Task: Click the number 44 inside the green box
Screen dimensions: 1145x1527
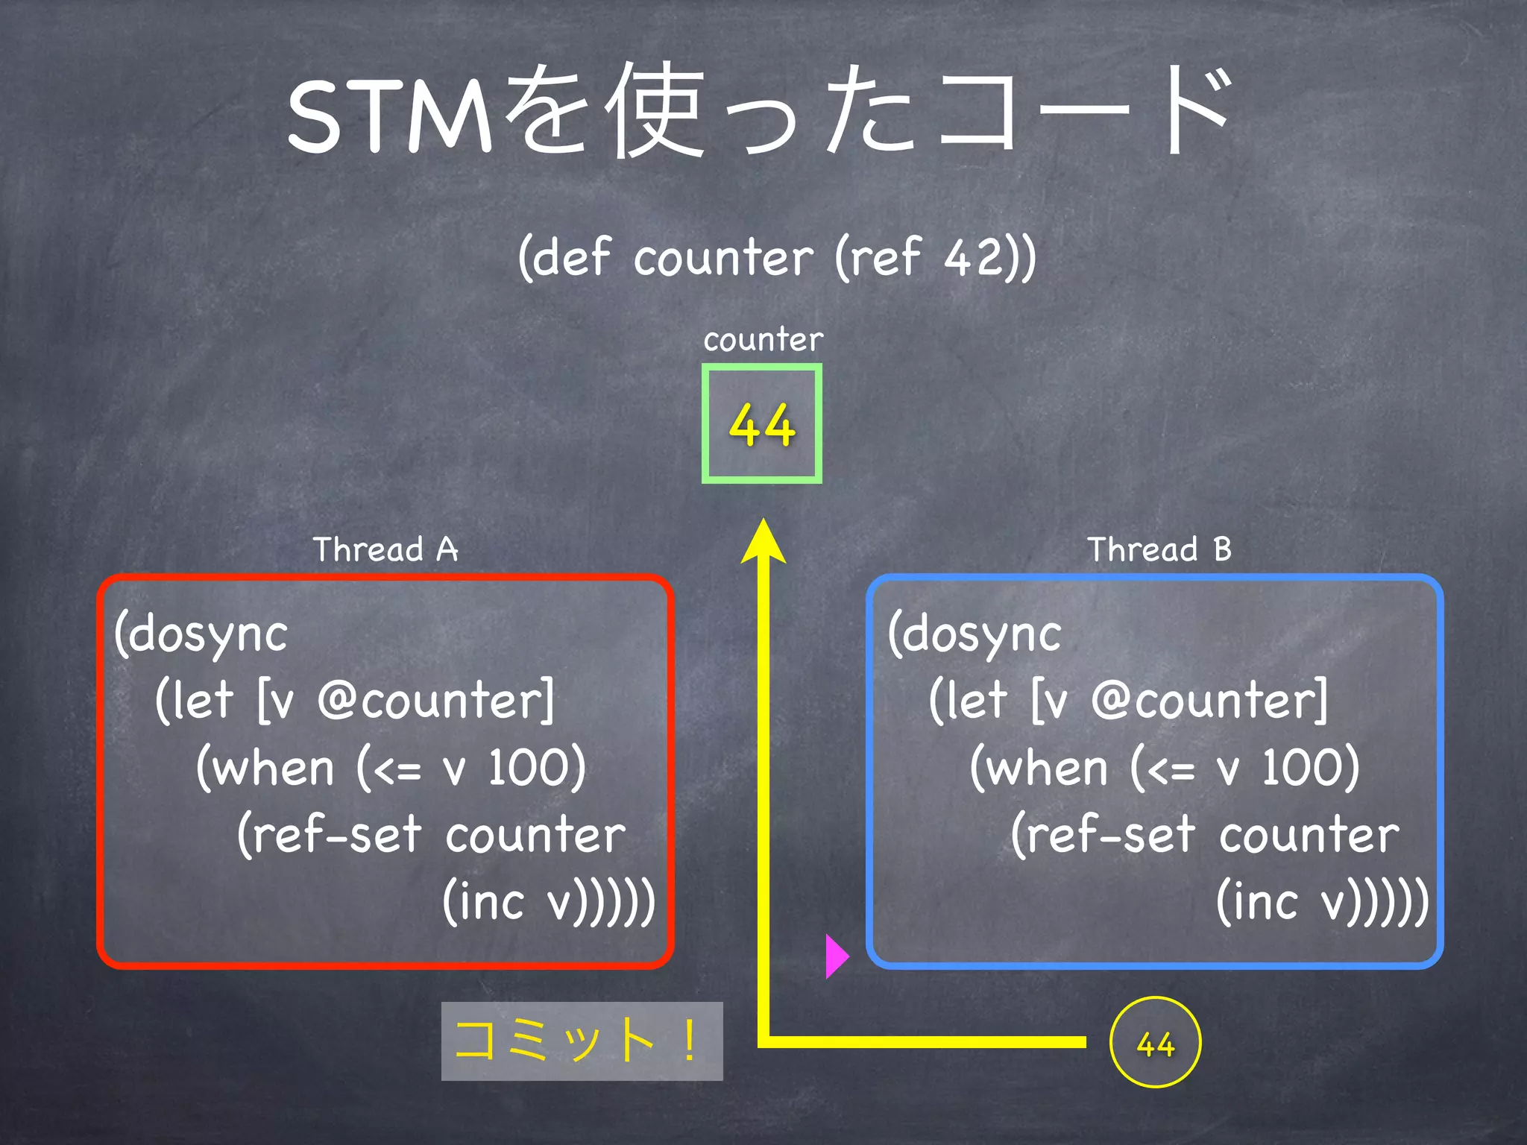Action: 761,425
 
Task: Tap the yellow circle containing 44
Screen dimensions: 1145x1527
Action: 1155,1042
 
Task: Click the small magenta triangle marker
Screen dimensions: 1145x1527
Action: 837,956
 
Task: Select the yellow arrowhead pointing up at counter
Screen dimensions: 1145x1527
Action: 763,543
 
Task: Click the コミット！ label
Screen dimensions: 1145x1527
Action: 582,1041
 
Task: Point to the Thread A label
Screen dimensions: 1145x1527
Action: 385,550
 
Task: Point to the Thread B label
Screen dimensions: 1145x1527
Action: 1159,550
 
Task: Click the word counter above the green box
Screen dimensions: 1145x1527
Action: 763,340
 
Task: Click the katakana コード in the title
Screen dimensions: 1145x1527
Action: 1081,112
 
